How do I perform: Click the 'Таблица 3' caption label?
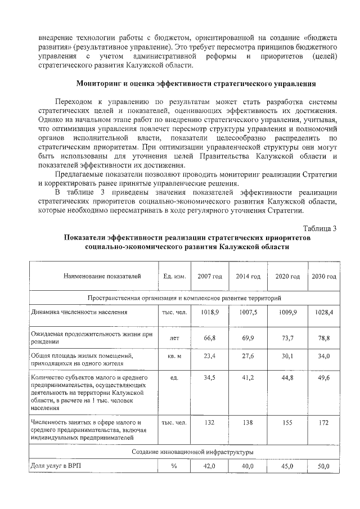tap(319, 228)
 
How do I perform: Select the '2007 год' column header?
tap(210, 277)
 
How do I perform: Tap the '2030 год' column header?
tap(324, 277)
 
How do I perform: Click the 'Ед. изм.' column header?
tap(174, 277)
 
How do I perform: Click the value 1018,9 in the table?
tap(210, 311)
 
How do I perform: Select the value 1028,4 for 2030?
tap(324, 311)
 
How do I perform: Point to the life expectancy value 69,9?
tap(247, 339)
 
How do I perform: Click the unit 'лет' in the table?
tap(174, 339)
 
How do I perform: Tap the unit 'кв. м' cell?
tap(174, 356)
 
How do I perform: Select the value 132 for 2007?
tap(210, 422)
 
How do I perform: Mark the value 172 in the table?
tap(324, 422)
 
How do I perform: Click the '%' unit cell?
tap(174, 466)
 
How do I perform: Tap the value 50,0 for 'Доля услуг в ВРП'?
tap(324, 466)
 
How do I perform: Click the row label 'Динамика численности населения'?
tap(79, 311)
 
